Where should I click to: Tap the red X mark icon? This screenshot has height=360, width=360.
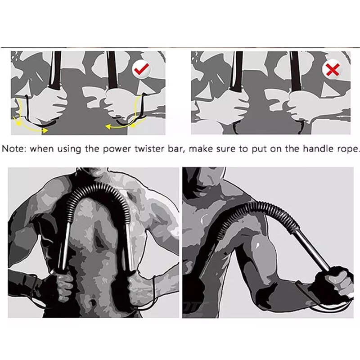click(332, 69)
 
